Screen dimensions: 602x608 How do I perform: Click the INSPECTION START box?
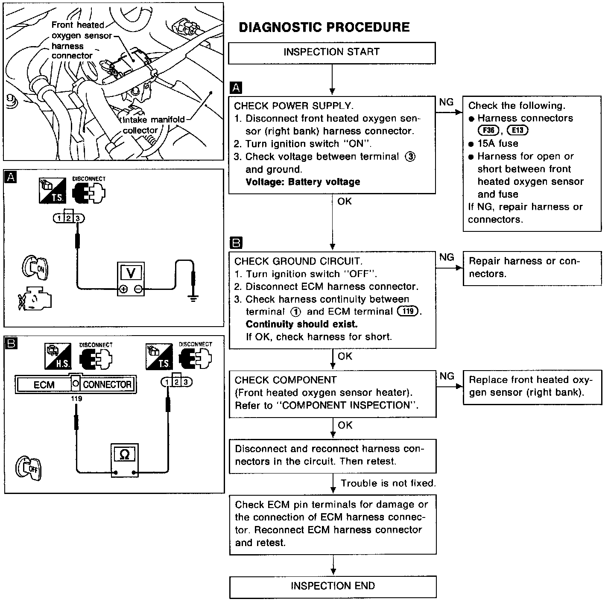click(x=332, y=53)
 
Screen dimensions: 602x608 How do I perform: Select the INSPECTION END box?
click(x=333, y=586)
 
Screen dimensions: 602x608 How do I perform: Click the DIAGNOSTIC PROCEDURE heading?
click(x=324, y=27)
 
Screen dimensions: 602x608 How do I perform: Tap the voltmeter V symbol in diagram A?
click(x=131, y=272)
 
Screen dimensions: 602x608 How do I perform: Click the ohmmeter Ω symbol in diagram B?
click(x=124, y=455)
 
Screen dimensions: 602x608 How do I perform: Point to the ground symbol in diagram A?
click(x=193, y=298)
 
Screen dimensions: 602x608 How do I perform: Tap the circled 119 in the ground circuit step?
click(x=408, y=311)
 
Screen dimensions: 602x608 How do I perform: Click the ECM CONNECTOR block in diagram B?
click(x=76, y=384)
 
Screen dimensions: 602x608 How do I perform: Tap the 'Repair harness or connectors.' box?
click(x=532, y=268)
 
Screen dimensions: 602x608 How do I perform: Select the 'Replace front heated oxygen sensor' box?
click(x=532, y=386)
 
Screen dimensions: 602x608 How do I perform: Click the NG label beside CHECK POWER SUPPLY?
click(x=446, y=102)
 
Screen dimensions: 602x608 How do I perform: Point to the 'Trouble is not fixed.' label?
click(x=388, y=483)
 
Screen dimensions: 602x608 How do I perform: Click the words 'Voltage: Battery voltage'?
click(x=303, y=182)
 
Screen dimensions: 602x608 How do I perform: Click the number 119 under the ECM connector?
click(x=77, y=399)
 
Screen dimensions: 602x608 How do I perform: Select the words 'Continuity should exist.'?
click(x=301, y=324)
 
